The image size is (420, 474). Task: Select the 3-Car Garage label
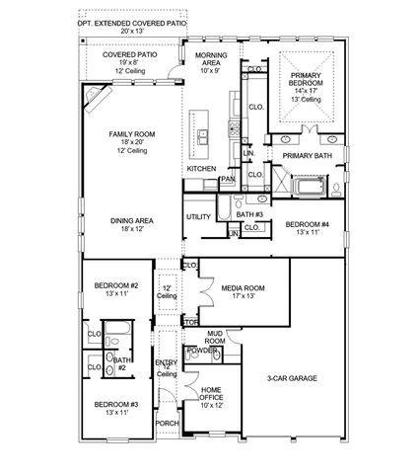[290, 376]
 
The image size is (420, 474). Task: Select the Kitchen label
[201, 169]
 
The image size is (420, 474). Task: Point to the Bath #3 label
[247, 214]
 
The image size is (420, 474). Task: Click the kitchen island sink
[202, 135]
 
